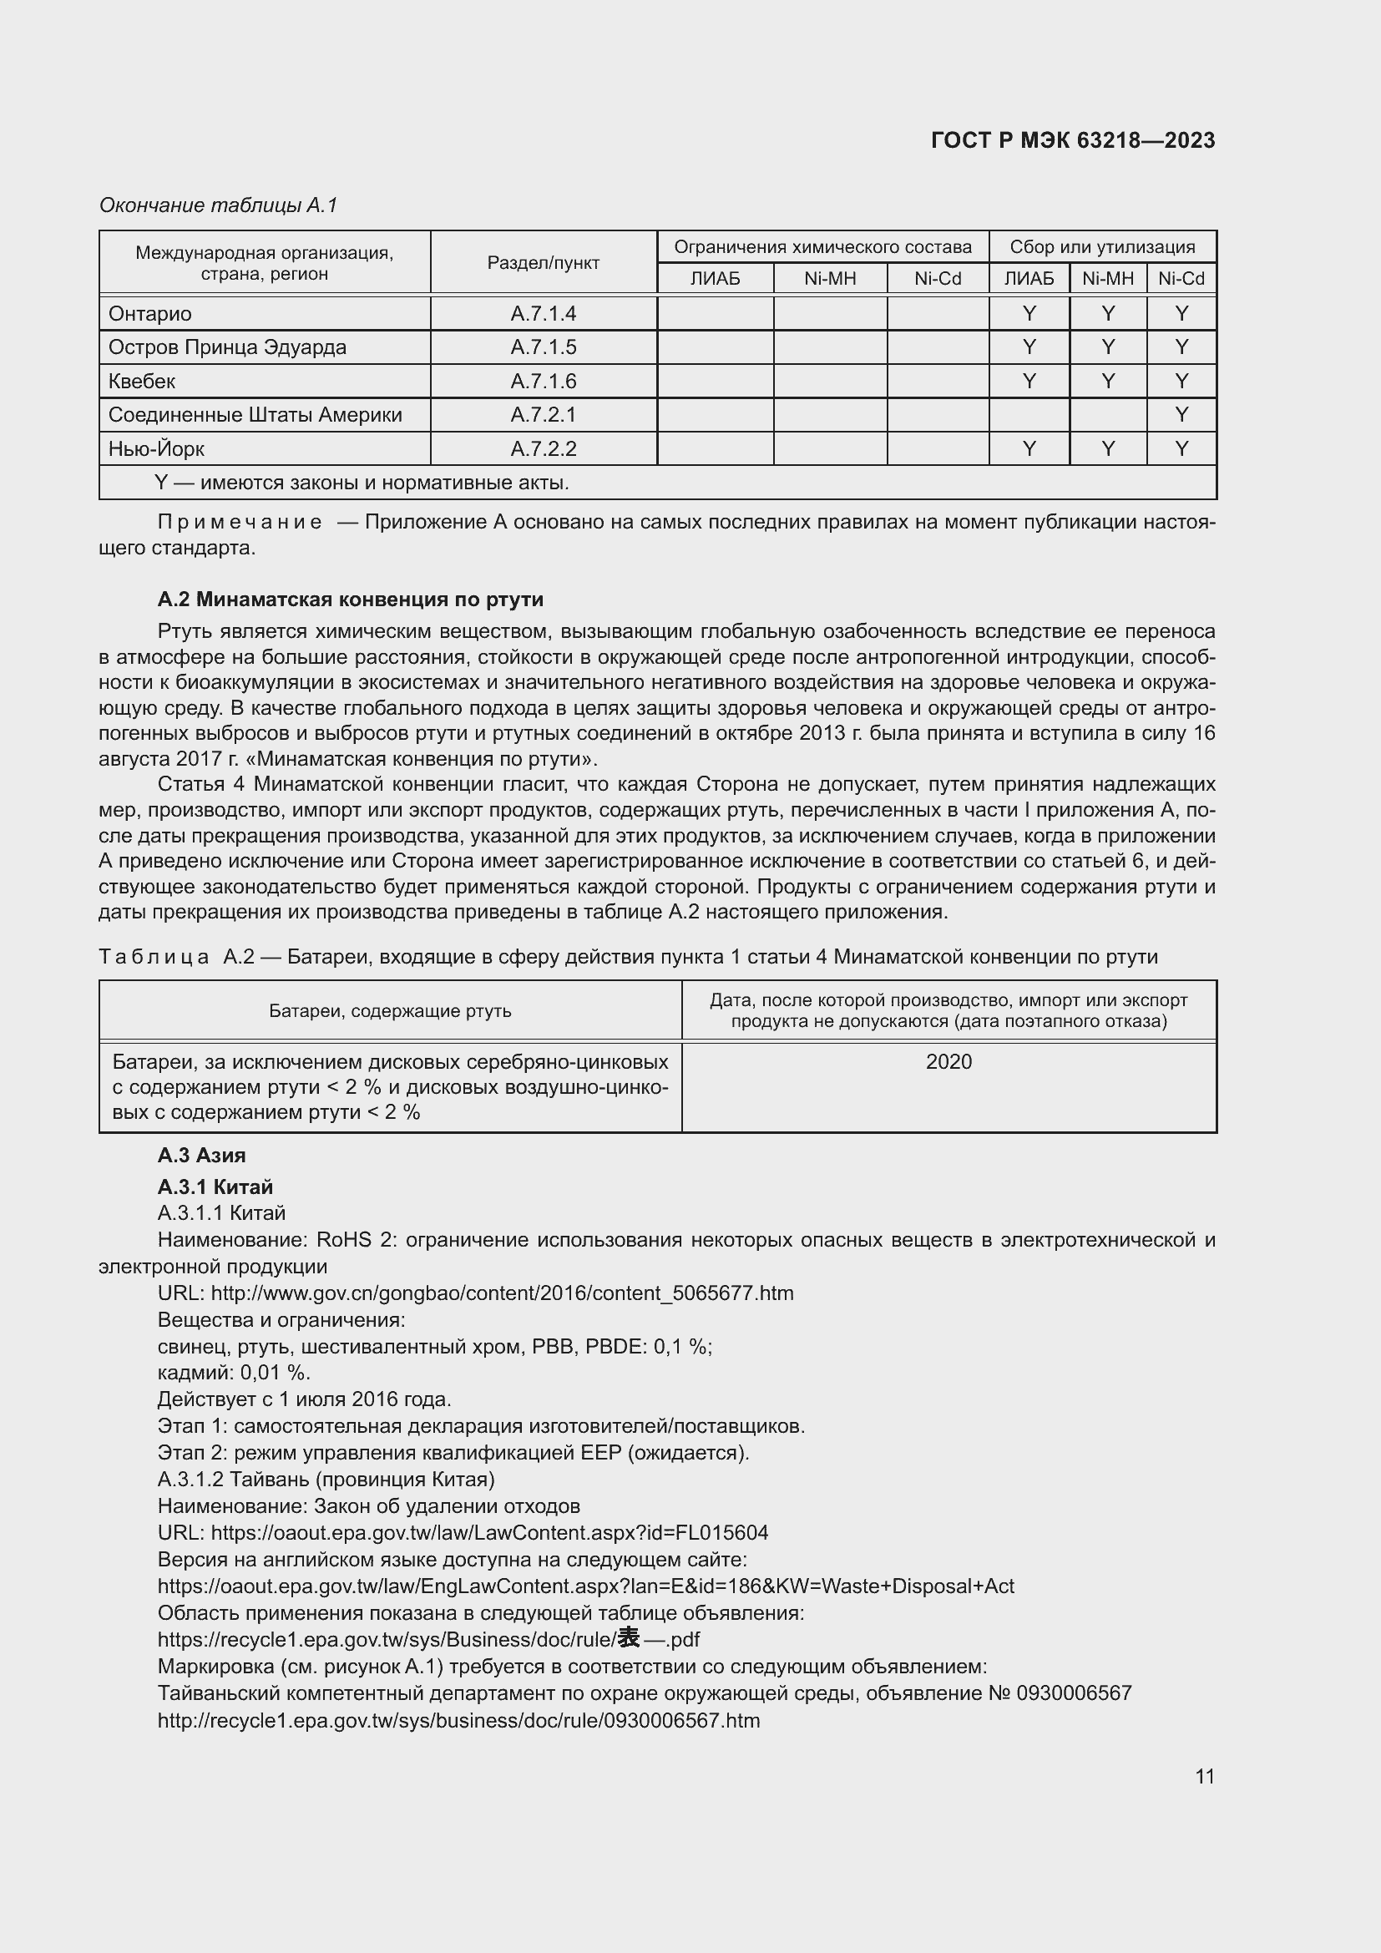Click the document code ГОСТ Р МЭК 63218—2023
pos(1072,140)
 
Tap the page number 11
pos(1204,1776)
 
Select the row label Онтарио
pos(149,314)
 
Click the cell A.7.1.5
pos(544,347)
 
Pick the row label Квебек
pos(141,381)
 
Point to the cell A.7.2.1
pos(544,415)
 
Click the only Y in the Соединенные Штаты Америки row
pos(1181,415)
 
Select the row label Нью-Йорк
pos(155,448)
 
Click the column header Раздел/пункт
pos(544,263)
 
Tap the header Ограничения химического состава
pos(822,247)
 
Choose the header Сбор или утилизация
pos(1102,247)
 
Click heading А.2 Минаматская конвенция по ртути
pos(351,600)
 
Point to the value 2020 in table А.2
pos(948,1061)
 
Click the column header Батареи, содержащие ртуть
pos(390,1010)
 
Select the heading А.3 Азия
pos(201,1155)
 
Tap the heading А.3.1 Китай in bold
pos(215,1186)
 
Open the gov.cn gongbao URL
pos(502,1293)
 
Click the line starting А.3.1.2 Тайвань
pos(326,1480)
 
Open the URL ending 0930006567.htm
pos(458,1720)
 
